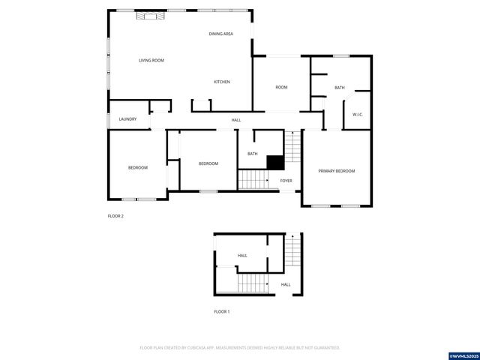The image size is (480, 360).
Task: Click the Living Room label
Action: pyautogui.click(x=151, y=61)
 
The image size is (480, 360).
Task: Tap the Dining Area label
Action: pyautogui.click(x=220, y=34)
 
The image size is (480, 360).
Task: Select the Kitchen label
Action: pyautogui.click(x=222, y=82)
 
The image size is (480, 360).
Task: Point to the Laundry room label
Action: pyautogui.click(x=127, y=118)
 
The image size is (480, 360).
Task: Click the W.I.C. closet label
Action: pyautogui.click(x=358, y=114)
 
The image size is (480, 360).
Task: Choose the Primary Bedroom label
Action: pyautogui.click(x=336, y=171)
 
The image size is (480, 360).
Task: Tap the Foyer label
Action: pyautogui.click(x=286, y=181)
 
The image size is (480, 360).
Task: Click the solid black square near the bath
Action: pyautogui.click(x=275, y=161)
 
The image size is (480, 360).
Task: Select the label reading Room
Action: pyautogui.click(x=281, y=88)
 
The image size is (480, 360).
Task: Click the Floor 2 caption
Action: pyautogui.click(x=115, y=216)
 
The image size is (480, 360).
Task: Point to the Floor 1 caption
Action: pyautogui.click(x=222, y=311)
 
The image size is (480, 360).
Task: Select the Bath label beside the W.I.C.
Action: pyautogui.click(x=340, y=88)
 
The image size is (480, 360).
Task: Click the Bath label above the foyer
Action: pyautogui.click(x=253, y=154)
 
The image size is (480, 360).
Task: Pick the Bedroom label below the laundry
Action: pyautogui.click(x=137, y=167)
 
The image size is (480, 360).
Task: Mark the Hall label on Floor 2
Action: pyautogui.click(x=236, y=120)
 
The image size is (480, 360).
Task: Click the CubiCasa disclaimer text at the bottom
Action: pyautogui.click(x=240, y=348)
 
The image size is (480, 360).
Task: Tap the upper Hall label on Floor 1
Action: pyautogui.click(x=242, y=256)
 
